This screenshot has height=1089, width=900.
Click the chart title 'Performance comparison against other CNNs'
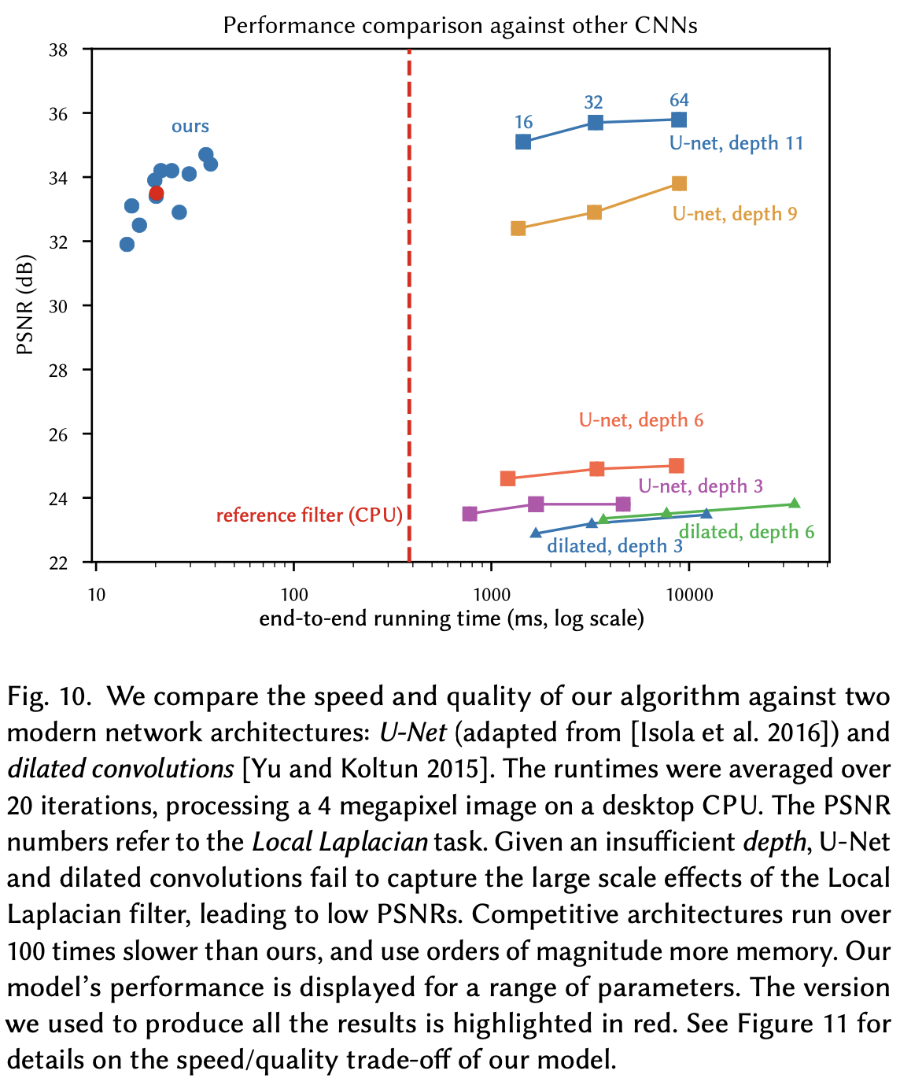click(460, 25)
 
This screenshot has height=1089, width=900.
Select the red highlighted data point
click(156, 193)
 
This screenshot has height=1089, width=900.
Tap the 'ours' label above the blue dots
click(190, 127)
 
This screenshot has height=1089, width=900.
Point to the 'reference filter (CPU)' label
click(309, 515)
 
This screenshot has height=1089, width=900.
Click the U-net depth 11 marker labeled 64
click(679, 120)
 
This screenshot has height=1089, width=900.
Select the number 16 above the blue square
click(524, 122)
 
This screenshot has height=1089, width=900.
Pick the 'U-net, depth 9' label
click(735, 213)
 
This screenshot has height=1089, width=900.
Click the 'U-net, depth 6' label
click(641, 420)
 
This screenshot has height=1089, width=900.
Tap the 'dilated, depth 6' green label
click(746, 532)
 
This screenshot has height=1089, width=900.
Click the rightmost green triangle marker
click(794, 504)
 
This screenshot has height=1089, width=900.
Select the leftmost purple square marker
click(470, 514)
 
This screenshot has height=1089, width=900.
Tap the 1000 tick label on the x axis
click(492, 594)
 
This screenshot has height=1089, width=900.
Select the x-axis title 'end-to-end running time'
click(452, 618)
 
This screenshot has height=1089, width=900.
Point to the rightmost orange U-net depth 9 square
click(679, 183)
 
